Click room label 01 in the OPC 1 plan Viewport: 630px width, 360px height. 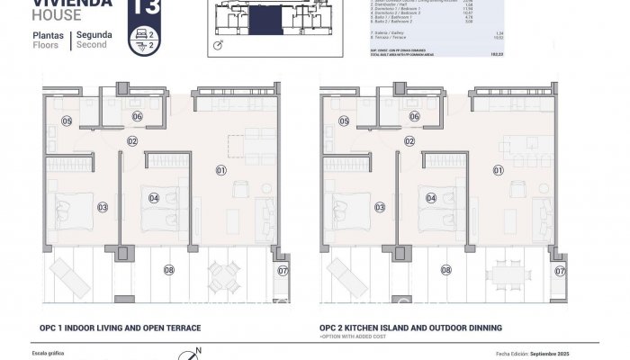[220, 168]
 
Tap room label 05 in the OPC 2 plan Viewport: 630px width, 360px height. [346, 121]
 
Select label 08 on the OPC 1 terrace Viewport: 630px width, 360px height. [168, 269]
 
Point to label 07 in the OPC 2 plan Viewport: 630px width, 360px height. [561, 270]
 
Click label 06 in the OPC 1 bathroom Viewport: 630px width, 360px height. [138, 117]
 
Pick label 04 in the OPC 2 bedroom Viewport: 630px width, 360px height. [432, 198]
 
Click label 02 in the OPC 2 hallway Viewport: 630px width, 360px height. [409, 141]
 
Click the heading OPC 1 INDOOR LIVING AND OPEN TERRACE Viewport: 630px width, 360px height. [120, 328]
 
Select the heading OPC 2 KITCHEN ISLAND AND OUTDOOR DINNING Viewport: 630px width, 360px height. [410, 328]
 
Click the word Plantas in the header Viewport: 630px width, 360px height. [48, 34]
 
